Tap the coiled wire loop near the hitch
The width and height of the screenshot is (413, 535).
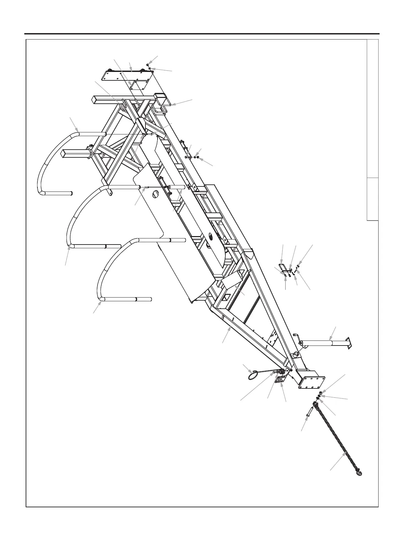pyautogui.click(x=253, y=375)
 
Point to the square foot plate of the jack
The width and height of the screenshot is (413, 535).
pyautogui.click(x=349, y=343)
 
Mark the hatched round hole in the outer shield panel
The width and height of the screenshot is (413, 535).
pyautogui.click(x=155, y=195)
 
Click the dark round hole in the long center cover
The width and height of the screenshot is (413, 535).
pyautogui.click(x=210, y=237)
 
